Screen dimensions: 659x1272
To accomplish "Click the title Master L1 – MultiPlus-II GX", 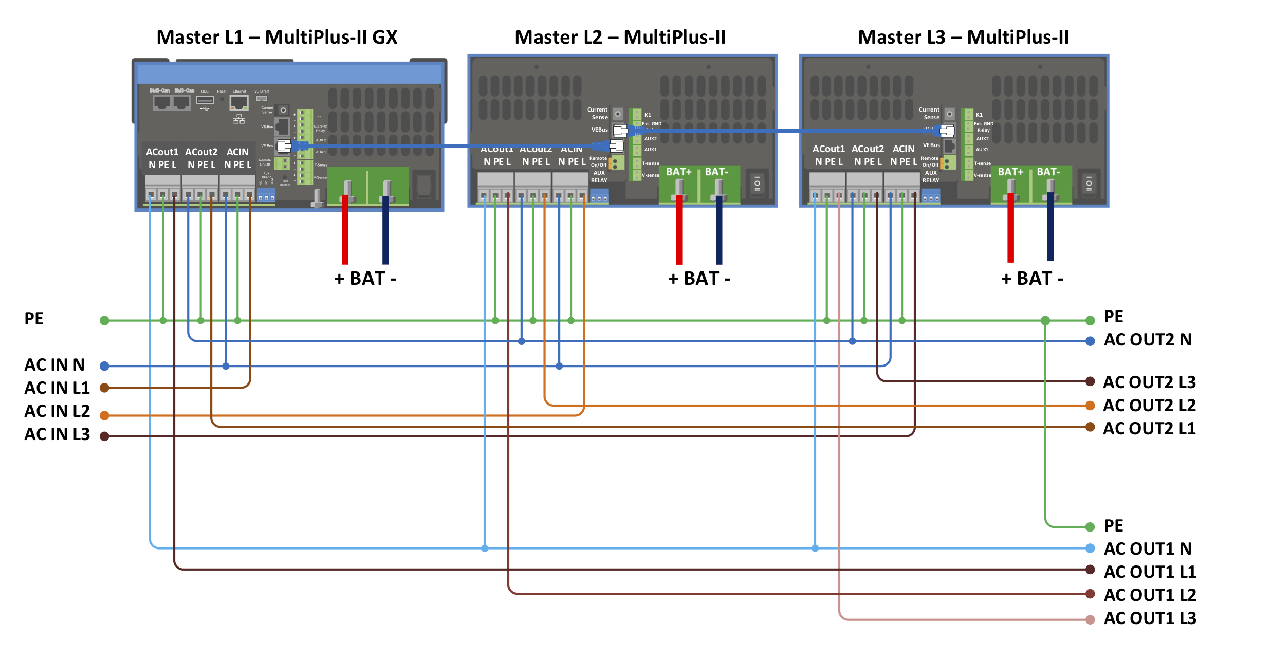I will coord(276,37).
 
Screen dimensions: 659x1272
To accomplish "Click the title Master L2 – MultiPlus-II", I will coord(620,37).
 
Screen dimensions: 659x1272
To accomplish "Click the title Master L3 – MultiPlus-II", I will coord(963,37).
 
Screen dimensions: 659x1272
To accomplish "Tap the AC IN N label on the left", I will coord(54,364).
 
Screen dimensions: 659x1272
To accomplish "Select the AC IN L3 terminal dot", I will coord(104,436).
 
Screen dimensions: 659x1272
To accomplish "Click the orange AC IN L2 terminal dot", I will coord(104,415).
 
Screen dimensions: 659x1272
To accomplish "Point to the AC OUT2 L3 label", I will coord(1149,382).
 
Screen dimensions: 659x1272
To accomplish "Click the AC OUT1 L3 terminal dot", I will coord(1090,619).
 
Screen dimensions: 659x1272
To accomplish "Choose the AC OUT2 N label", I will coord(1147,339).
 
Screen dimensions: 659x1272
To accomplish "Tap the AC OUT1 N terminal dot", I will coord(1090,548).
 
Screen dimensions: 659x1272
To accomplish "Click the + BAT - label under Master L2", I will coord(699,279).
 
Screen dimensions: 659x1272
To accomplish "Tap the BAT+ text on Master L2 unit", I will coord(679,172).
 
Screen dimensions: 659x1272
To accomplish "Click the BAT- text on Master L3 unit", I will coord(1048,172).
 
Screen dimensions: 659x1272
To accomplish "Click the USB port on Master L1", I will coord(205,100).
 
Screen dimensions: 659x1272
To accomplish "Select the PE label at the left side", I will coord(34,318).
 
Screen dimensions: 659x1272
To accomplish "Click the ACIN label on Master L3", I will coord(904,149).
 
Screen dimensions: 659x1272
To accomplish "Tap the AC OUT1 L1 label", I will coord(1150,572).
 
